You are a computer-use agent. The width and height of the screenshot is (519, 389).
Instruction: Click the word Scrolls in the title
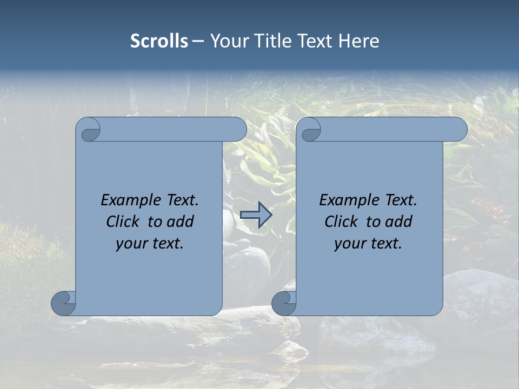pyautogui.click(x=159, y=41)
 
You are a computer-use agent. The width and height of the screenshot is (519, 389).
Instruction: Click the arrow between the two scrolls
pyautogui.click(x=256, y=215)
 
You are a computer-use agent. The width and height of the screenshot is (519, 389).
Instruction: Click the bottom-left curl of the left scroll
pyautogui.click(x=64, y=303)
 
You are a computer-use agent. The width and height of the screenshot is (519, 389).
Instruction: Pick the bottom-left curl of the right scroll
pyautogui.click(x=284, y=303)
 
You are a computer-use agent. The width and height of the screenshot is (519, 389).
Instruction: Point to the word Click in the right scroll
pyautogui.click(x=341, y=222)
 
